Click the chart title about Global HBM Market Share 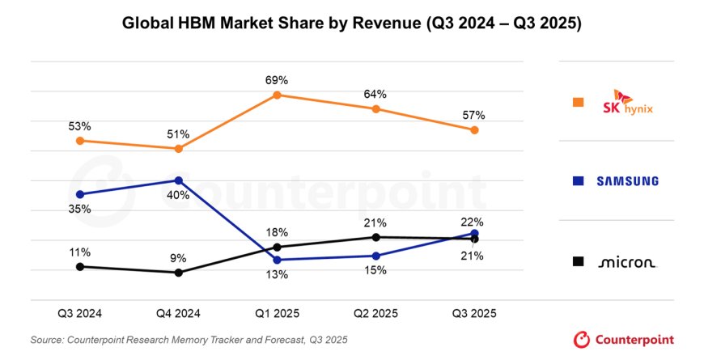[352, 23]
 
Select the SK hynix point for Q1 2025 [277, 95]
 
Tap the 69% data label [277, 80]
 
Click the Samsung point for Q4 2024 [179, 180]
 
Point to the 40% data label [179, 195]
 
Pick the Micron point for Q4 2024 [179, 273]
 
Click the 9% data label [179, 258]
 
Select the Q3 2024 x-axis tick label [79, 313]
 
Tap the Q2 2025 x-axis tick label [375, 313]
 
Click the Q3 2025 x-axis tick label [474, 313]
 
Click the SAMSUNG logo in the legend [627, 181]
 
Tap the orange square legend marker [578, 102]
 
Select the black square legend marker [578, 261]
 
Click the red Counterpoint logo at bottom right [623, 339]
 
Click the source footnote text [189, 340]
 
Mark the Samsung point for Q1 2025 [277, 260]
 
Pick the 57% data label [474, 115]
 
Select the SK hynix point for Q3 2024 [79, 141]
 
